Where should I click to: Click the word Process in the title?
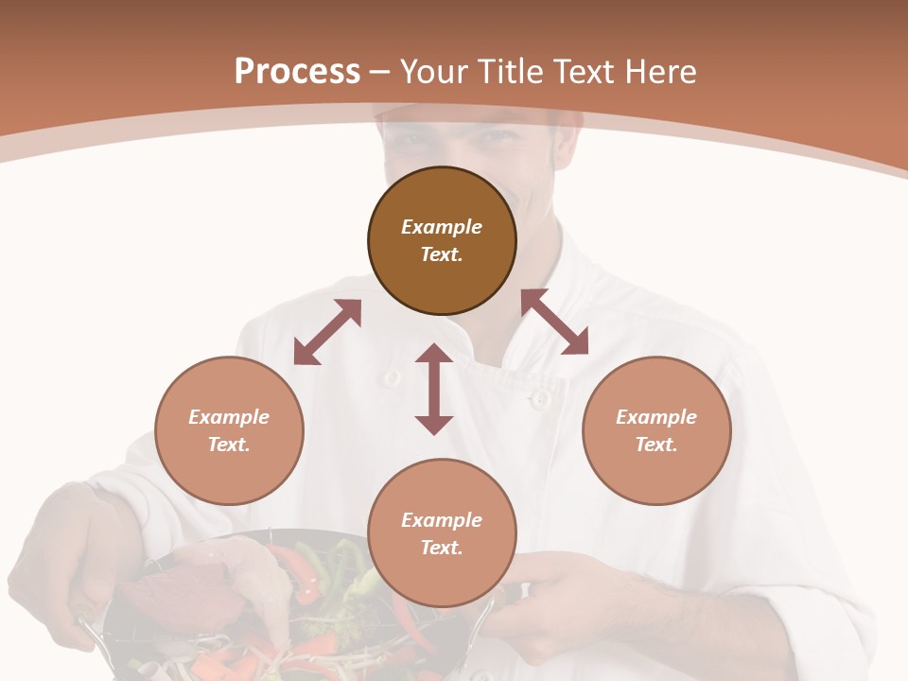(x=297, y=72)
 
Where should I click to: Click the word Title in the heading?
(x=508, y=72)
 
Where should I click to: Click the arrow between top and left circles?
(x=327, y=332)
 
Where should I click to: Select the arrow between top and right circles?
(x=554, y=322)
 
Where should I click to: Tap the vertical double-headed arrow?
(x=434, y=389)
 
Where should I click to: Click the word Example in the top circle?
(x=442, y=227)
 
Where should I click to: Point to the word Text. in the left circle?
(x=229, y=445)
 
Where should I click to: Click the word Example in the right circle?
(x=656, y=417)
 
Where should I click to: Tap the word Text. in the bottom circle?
(x=442, y=548)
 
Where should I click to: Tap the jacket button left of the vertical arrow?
(x=391, y=377)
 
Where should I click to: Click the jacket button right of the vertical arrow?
(x=540, y=399)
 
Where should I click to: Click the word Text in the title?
(x=586, y=72)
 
